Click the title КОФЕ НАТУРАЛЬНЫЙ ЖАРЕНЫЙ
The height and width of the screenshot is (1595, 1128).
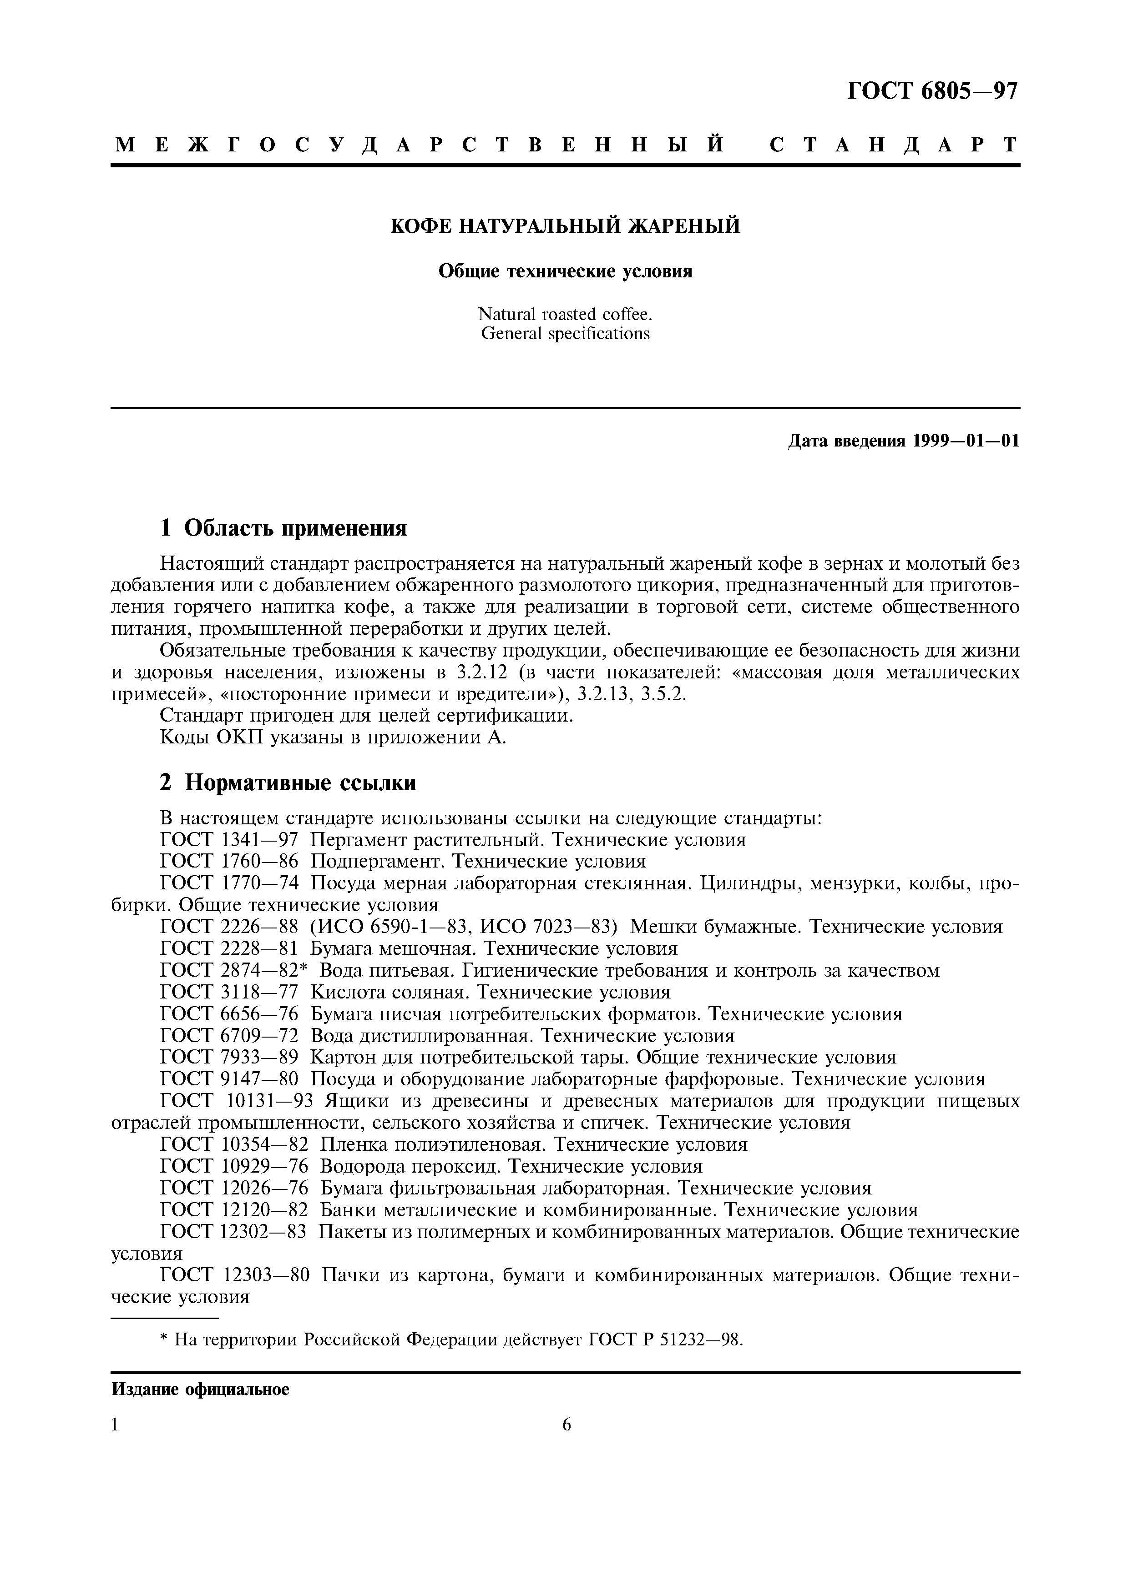(x=564, y=226)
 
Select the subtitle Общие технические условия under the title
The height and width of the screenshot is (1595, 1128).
(x=564, y=271)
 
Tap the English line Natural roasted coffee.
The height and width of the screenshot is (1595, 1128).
(x=564, y=314)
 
